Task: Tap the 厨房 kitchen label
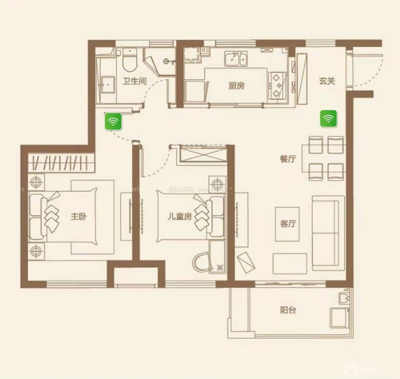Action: click(237, 86)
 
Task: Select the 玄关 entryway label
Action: click(327, 81)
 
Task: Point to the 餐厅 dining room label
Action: click(287, 159)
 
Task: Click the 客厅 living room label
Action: click(287, 225)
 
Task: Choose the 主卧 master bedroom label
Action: click(78, 217)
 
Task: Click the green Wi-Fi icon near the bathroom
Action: click(113, 122)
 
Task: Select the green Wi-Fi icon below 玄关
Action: click(328, 118)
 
